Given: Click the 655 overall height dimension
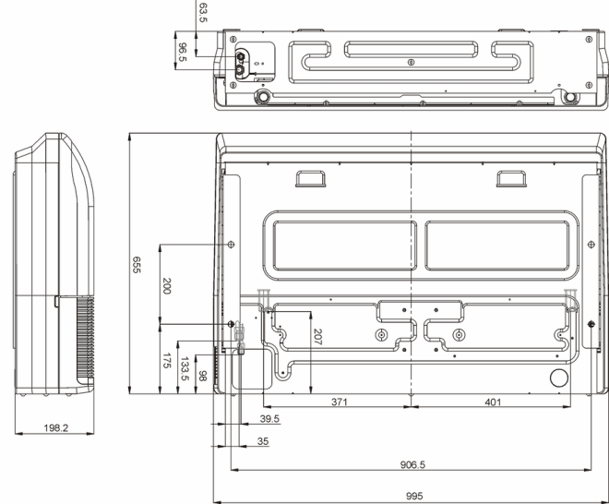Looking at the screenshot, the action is click(x=137, y=265).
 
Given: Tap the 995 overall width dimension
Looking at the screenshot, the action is click(x=414, y=496).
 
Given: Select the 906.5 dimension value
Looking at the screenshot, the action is click(x=412, y=464).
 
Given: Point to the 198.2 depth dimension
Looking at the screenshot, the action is click(x=56, y=427).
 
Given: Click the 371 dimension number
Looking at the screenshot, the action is click(x=339, y=402).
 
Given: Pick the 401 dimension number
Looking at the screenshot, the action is click(x=493, y=402).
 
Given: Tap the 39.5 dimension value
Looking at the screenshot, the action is click(x=269, y=418).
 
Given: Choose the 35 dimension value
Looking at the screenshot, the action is click(x=263, y=441).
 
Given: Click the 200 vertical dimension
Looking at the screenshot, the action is click(x=167, y=285).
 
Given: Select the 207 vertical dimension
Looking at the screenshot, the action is click(x=317, y=337).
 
